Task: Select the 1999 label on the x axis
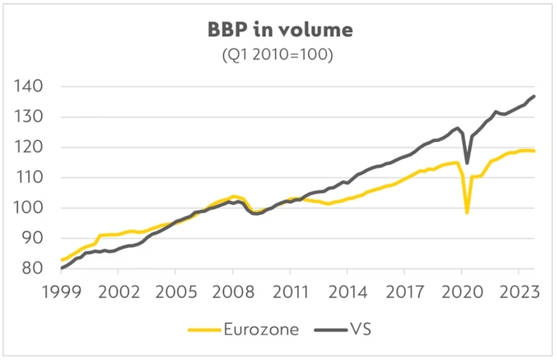(x=62, y=290)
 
